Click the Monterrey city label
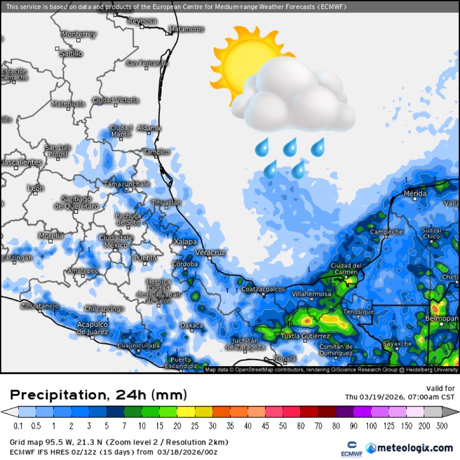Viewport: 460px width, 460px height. point(79,34)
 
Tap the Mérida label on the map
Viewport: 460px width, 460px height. point(415,193)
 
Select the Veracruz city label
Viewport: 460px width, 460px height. point(210,253)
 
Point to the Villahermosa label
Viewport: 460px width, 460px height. point(311,294)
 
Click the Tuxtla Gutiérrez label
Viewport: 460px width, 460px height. point(305,336)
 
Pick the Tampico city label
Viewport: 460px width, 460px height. point(156,152)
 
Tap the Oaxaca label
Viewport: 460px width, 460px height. point(191,325)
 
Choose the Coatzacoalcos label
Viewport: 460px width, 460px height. point(263,289)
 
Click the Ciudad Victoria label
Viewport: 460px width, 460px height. point(115,100)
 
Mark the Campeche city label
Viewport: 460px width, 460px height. point(386,232)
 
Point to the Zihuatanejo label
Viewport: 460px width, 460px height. point(40,306)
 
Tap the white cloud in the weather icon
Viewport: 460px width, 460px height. point(294,97)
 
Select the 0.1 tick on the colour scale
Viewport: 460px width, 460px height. point(18,425)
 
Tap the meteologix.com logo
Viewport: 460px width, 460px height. point(409,448)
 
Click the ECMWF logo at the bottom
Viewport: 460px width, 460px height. point(349,448)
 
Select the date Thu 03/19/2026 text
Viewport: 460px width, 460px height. point(372,397)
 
